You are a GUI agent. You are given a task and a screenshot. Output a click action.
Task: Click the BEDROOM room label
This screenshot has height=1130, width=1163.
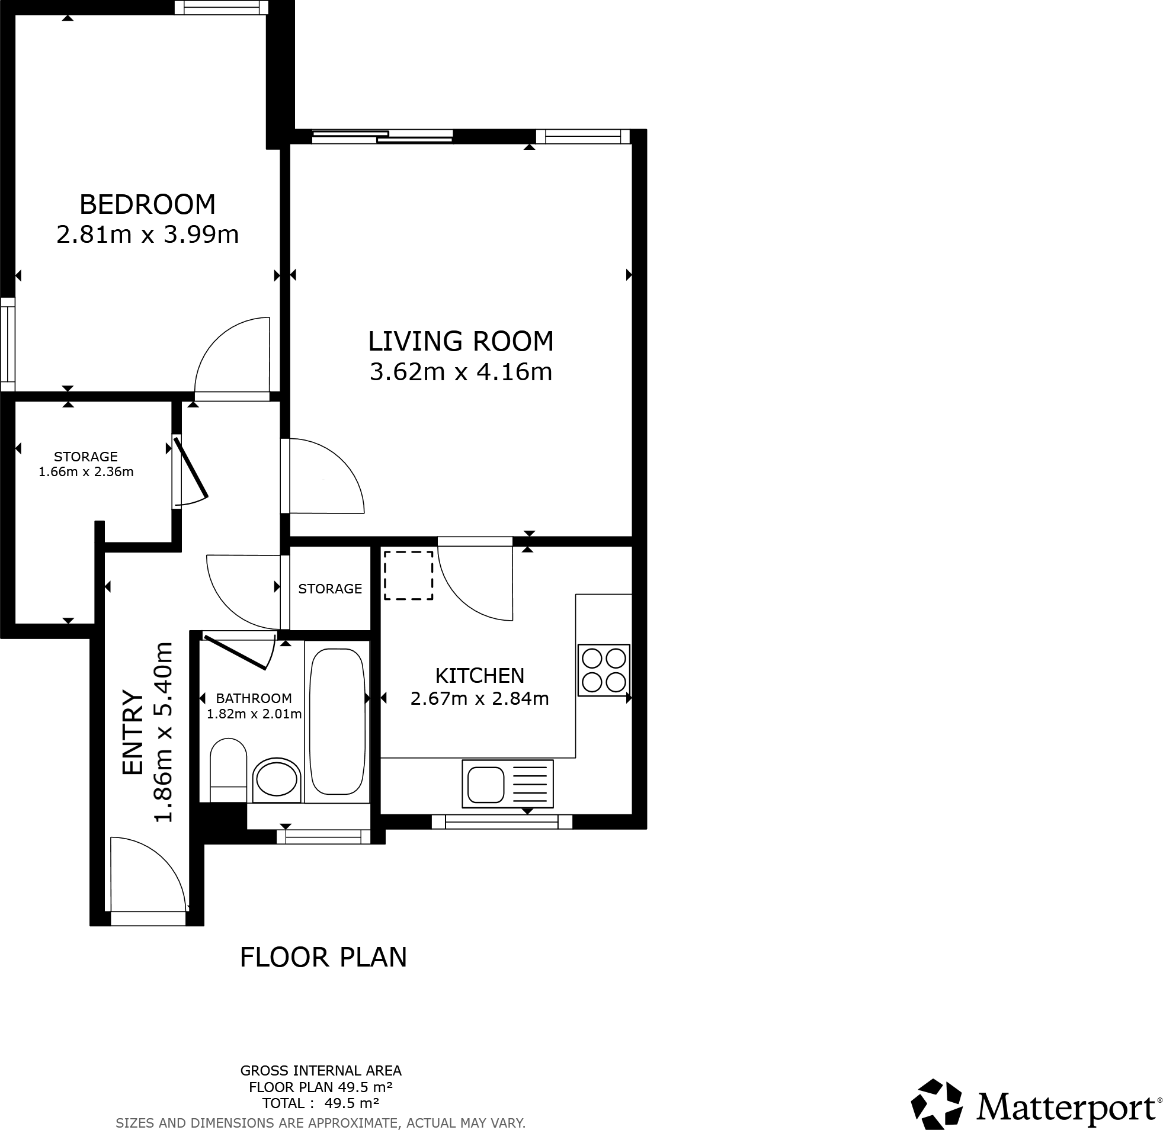(148, 204)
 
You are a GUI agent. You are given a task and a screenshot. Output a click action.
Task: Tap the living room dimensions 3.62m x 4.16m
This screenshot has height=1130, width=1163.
(461, 372)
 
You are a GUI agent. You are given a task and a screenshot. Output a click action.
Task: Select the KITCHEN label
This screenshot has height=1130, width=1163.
(480, 675)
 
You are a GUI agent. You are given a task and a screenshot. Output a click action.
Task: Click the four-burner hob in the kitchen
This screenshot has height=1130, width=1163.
(603, 670)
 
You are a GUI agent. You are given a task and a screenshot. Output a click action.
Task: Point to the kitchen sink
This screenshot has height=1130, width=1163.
(486, 784)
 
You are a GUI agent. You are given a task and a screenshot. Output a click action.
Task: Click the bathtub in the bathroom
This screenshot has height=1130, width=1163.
(337, 721)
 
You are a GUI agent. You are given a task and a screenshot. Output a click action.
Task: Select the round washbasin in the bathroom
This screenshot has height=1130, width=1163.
(276, 779)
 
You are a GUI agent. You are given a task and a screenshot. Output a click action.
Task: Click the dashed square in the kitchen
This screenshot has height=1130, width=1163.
(408, 575)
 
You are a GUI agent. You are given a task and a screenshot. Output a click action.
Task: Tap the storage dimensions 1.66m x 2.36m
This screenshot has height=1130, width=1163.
(86, 472)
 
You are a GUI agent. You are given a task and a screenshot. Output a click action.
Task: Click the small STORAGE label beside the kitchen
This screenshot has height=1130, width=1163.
(330, 588)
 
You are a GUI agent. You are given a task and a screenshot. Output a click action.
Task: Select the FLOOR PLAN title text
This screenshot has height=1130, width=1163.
(323, 957)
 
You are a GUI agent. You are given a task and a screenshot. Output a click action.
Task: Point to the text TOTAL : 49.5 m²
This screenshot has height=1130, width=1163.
(321, 1103)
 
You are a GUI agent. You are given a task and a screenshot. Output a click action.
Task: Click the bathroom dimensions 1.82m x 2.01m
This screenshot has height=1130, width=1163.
(254, 714)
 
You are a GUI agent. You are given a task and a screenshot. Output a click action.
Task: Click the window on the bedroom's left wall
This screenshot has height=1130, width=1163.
(7, 344)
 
